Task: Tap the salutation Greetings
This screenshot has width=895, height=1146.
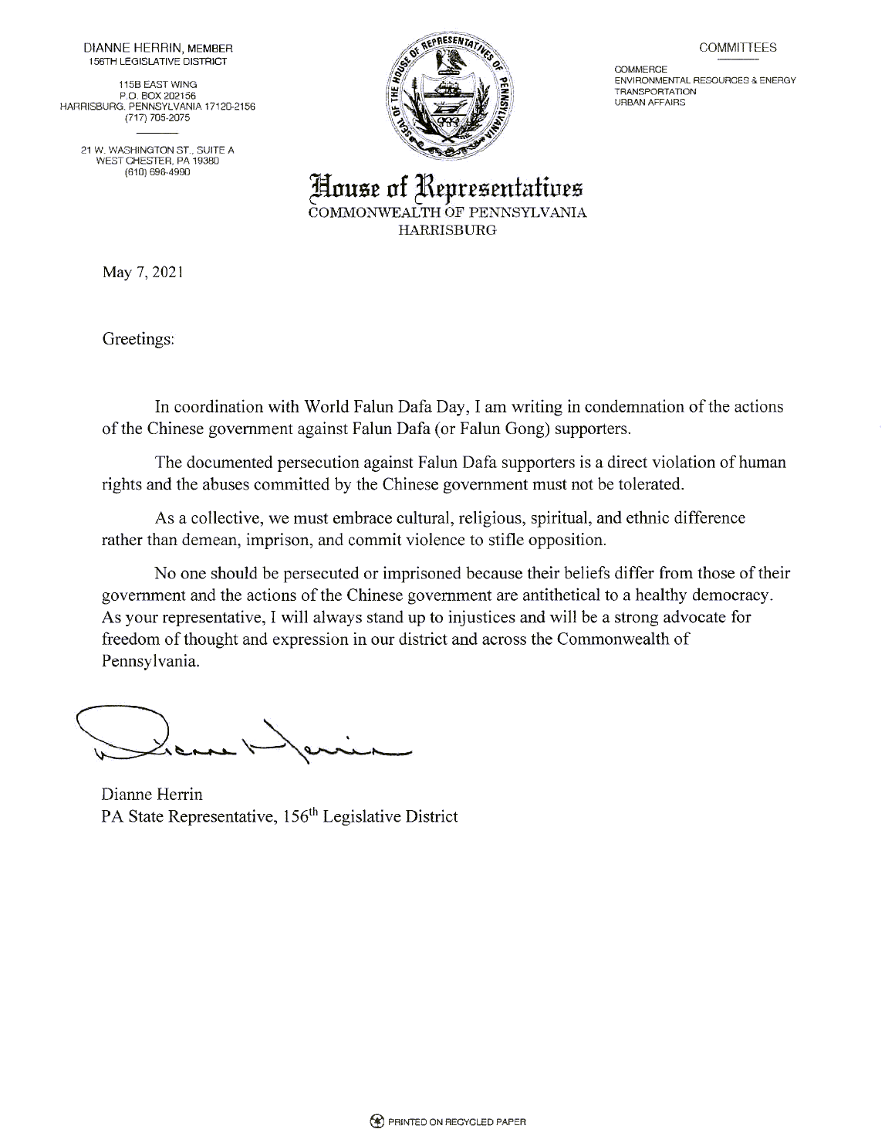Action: (x=138, y=340)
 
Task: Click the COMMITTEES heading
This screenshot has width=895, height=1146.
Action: (x=738, y=47)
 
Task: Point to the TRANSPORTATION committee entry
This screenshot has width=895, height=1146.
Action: (x=655, y=91)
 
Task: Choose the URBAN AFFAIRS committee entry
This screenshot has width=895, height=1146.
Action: (x=650, y=102)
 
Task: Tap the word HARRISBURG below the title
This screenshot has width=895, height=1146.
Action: (x=447, y=229)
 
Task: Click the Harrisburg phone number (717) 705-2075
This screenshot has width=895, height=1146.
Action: (x=157, y=118)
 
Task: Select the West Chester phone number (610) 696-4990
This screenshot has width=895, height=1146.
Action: (x=157, y=172)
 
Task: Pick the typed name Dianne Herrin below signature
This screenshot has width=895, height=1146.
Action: (x=152, y=793)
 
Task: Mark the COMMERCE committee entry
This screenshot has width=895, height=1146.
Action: (x=636, y=70)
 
